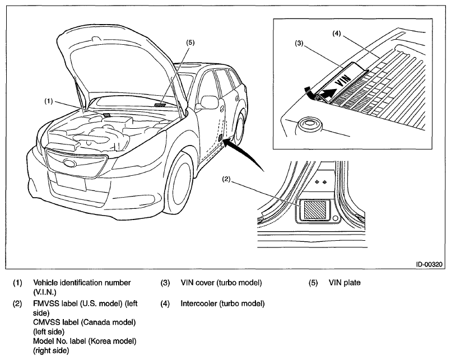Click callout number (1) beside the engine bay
click(x=49, y=101)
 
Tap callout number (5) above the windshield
click(x=190, y=43)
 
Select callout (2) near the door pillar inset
click(x=226, y=179)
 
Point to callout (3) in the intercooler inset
click(x=299, y=43)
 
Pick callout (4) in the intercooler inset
click(x=337, y=34)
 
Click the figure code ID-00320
click(x=429, y=264)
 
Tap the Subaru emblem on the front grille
click(x=70, y=163)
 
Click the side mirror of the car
click(x=210, y=102)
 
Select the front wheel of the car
click(x=178, y=183)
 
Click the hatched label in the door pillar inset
click(x=315, y=210)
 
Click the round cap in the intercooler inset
click(x=310, y=125)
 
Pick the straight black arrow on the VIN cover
click(x=328, y=93)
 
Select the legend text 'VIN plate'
click(x=345, y=283)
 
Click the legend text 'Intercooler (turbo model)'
click(x=222, y=303)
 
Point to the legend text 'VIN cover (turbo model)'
click(x=221, y=283)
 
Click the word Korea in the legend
click(x=101, y=341)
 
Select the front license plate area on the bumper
click(x=71, y=182)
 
